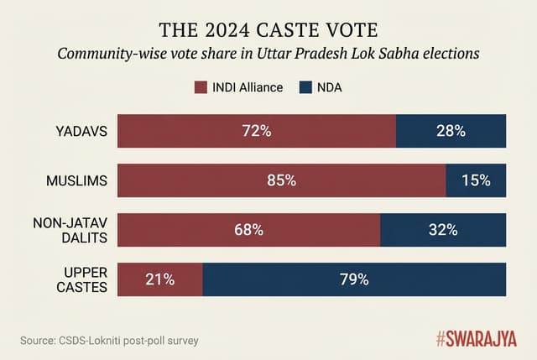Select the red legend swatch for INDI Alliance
tap(200, 87)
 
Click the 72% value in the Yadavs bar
tap(257, 131)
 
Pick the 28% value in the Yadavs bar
tap(451, 131)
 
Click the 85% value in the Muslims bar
tap(281, 180)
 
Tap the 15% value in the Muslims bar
tap(476, 180)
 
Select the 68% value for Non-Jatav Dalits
tap(248, 230)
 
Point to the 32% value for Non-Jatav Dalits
tap(443, 230)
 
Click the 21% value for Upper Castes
tap(159, 279)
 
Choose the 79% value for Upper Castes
tap(354, 279)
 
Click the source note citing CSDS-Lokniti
tap(110, 340)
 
